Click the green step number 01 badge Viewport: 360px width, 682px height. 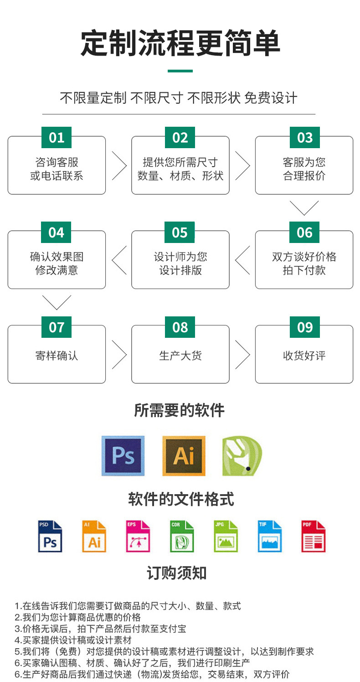[x=57, y=138]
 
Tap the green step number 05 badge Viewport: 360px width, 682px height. [x=180, y=232]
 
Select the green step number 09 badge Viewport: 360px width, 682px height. [x=304, y=327]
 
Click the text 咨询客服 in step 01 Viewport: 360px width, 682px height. [x=57, y=162]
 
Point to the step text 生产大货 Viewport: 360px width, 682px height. [x=180, y=356]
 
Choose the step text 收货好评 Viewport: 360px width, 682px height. [x=304, y=356]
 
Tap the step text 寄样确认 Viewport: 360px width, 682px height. [x=57, y=356]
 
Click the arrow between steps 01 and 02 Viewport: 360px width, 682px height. [x=119, y=165]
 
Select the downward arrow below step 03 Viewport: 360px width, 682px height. [x=304, y=208]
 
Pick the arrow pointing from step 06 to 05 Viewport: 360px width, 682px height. [x=242, y=260]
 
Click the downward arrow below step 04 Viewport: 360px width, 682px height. [x=57, y=302]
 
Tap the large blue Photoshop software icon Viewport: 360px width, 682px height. [x=123, y=455]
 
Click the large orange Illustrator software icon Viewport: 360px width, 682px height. [x=184, y=455]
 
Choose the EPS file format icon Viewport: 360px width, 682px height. [x=138, y=537]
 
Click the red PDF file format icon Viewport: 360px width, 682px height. [x=314, y=537]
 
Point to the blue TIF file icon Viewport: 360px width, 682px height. [x=270, y=537]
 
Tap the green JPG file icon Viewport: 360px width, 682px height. [x=226, y=537]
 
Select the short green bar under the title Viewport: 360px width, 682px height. [x=180, y=71]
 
